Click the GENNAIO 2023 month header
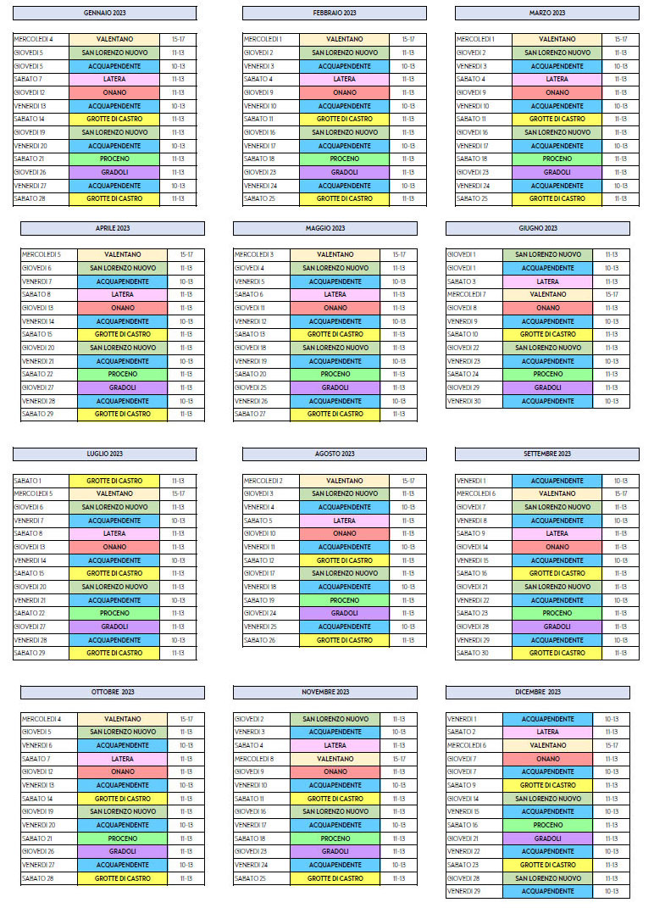104,14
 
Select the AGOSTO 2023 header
334,454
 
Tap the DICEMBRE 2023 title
537,692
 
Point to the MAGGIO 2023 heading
324,228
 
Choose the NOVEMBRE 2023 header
324,692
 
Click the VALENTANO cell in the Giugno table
547,294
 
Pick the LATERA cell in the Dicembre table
547,732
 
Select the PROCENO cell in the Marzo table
557,159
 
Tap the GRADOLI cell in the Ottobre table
122,851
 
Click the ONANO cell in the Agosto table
344,533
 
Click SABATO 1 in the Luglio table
28,481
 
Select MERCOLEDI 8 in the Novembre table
254,759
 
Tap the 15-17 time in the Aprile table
186,254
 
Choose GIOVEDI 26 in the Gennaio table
30,172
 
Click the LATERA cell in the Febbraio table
344,79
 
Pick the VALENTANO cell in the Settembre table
557,493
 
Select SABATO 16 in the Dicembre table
463,825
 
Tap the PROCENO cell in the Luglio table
114,613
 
